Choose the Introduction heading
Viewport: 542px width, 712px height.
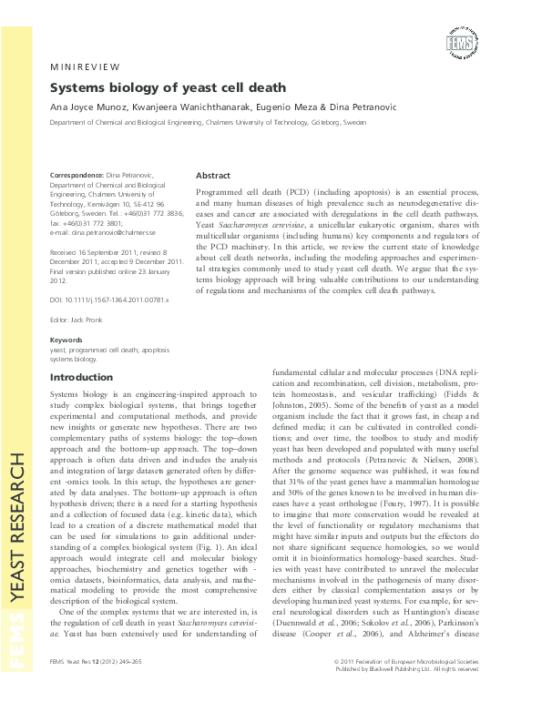[x=81, y=377]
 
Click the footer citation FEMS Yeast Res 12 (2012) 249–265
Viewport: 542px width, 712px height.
[x=101, y=686]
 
